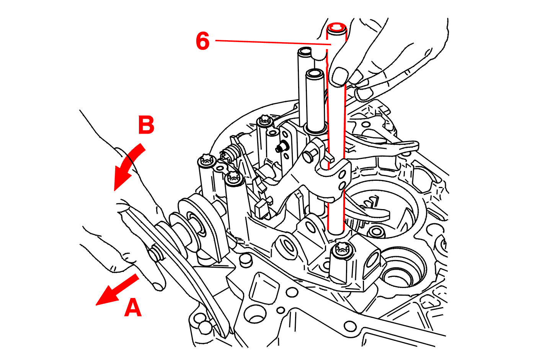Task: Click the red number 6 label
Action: point(202,41)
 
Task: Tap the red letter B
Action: point(146,125)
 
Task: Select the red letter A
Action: point(133,308)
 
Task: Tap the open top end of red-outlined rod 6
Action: point(337,28)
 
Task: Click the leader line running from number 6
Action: point(272,43)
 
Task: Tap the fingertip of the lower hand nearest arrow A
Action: point(159,285)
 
